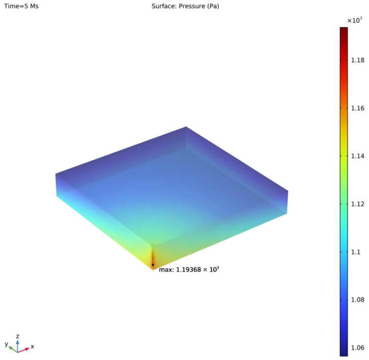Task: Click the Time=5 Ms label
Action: pos(21,6)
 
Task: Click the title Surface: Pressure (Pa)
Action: pos(185,6)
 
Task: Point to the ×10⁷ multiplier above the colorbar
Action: pos(355,20)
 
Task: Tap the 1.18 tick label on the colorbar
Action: pos(357,60)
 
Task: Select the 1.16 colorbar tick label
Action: pos(357,108)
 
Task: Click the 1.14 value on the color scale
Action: pos(357,156)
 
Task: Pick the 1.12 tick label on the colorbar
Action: pos(357,204)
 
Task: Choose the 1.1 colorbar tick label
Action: pos(356,252)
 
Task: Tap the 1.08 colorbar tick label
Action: pos(357,300)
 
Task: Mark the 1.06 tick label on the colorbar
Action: pos(357,347)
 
